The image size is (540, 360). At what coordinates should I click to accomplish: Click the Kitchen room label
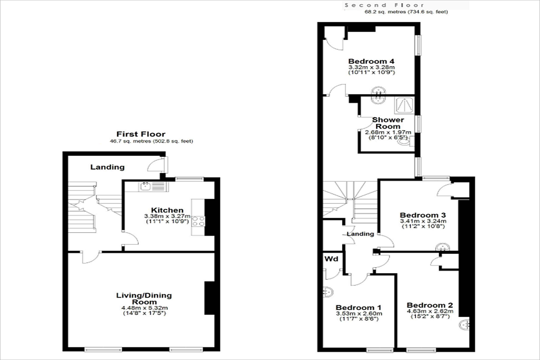click(167, 210)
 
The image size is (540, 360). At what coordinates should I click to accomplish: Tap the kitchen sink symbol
click(153, 186)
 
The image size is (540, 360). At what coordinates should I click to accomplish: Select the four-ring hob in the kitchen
click(198, 221)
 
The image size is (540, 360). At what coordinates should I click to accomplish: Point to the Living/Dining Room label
click(144, 298)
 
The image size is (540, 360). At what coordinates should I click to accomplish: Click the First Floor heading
click(141, 134)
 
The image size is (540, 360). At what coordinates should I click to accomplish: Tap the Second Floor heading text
click(384, 5)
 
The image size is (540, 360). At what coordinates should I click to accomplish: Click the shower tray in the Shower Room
click(404, 105)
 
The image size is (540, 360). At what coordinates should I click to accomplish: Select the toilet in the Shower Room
click(406, 141)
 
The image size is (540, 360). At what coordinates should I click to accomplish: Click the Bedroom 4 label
click(371, 61)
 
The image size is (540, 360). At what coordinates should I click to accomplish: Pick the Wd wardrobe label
click(331, 259)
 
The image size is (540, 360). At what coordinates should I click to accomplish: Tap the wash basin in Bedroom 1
click(328, 292)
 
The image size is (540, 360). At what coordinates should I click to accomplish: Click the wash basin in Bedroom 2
click(464, 324)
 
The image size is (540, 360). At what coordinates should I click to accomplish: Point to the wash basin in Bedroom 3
click(442, 247)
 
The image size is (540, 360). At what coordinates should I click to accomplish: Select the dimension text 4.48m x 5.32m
click(144, 308)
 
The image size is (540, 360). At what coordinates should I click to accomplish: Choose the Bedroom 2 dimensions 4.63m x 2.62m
click(430, 311)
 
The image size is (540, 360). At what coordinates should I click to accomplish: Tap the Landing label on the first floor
click(107, 167)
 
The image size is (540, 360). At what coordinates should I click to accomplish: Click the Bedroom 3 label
click(423, 215)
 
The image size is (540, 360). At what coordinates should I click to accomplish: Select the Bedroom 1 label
click(359, 307)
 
